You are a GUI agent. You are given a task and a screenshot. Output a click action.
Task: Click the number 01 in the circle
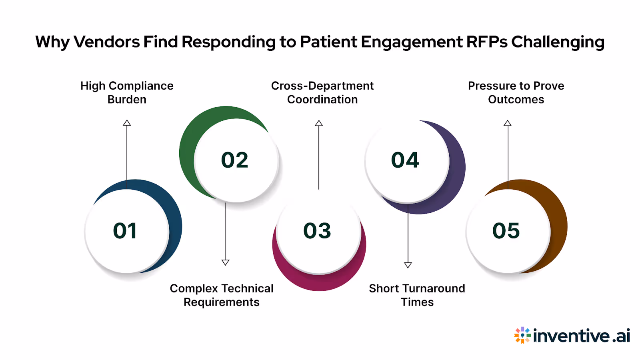[x=125, y=231]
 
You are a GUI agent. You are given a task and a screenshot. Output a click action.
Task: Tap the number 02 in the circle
[x=235, y=160]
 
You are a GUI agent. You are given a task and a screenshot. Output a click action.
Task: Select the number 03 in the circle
[x=317, y=231]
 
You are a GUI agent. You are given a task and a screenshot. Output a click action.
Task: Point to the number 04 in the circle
[x=405, y=160]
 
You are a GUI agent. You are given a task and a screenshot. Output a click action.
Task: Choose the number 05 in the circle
[x=506, y=231]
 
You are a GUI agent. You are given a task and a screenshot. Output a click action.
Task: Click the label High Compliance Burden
[x=127, y=92]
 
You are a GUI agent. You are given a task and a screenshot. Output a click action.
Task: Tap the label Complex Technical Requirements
[x=222, y=295]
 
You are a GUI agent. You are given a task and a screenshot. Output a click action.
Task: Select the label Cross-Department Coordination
[x=322, y=92]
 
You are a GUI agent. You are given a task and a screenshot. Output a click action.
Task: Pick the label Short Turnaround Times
[x=417, y=295]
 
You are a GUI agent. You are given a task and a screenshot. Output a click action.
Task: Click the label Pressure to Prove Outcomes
[x=516, y=92]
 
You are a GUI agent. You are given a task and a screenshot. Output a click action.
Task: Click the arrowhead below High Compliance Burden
[x=127, y=123]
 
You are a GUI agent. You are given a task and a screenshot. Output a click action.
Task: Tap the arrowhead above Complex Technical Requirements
[x=226, y=262]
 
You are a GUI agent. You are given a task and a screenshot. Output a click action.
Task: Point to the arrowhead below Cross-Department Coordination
[x=319, y=123]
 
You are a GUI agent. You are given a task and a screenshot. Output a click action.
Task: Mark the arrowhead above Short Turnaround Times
[x=408, y=265]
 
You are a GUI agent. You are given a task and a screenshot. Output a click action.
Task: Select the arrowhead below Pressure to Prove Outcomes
[x=508, y=123]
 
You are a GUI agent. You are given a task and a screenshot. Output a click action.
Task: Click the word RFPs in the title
[x=487, y=42]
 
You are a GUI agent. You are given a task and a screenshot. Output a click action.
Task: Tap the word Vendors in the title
[x=107, y=42]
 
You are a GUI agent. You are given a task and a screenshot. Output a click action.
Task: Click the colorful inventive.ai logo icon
[x=522, y=335]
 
